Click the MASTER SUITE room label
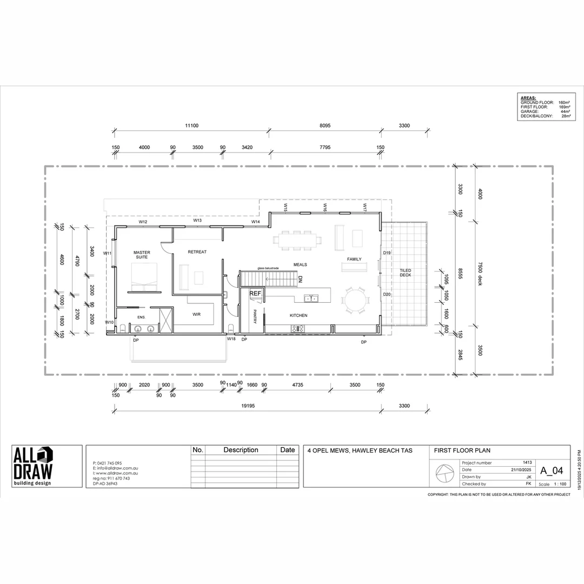tap(142, 255)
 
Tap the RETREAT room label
tap(197, 252)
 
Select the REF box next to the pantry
tap(255, 294)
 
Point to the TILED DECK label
tap(406, 273)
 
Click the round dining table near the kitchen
tap(356, 300)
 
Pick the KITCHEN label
tap(298, 315)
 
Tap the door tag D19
tap(387, 253)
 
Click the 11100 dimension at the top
tap(191, 125)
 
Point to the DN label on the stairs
tap(301, 279)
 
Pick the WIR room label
tap(197, 314)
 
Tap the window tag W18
tap(231, 339)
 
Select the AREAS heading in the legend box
tap(529, 98)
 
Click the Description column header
tap(241, 450)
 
